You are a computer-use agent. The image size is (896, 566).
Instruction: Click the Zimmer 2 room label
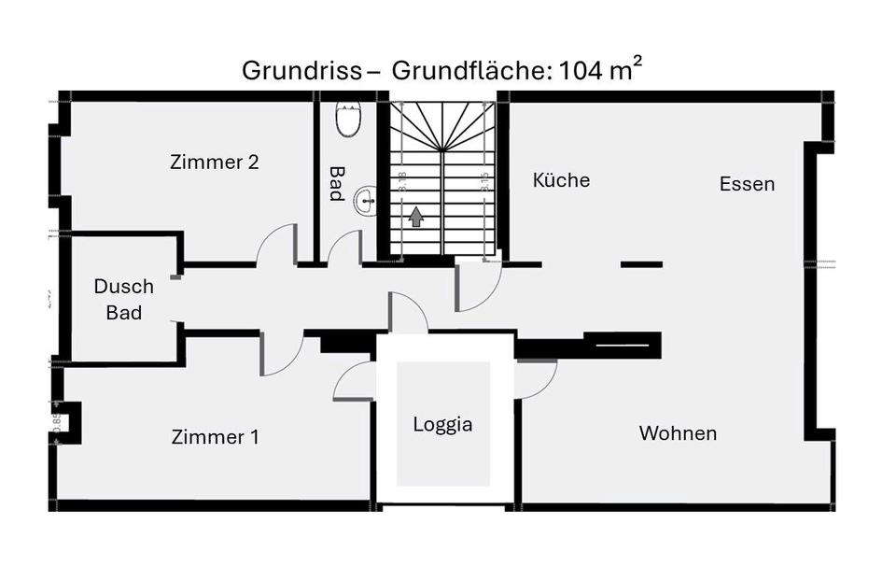coord(215,162)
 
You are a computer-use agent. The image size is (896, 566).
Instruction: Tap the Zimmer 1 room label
coord(216,436)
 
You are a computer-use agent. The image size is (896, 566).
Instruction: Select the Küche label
coord(561,179)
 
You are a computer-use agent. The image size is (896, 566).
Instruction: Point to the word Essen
coord(747,184)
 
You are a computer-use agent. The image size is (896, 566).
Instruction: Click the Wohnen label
coord(678,432)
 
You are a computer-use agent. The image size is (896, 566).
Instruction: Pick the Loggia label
coord(442,424)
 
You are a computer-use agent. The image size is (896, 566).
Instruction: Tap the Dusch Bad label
coord(123,299)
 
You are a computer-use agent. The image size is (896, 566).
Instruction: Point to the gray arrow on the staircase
coord(416,217)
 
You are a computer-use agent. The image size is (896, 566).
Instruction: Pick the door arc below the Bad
coord(343,248)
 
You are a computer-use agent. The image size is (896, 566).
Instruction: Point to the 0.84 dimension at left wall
coord(57,419)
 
